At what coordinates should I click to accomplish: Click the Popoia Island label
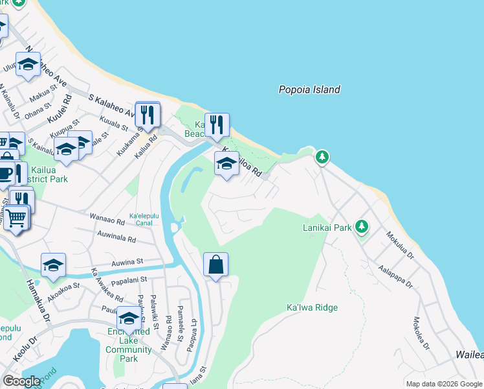pyautogui.click(x=309, y=90)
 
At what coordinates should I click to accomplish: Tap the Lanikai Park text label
pyautogui.click(x=327, y=228)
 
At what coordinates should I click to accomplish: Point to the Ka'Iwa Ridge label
pyautogui.click(x=312, y=307)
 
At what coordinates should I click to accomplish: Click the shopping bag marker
pyautogui.click(x=216, y=265)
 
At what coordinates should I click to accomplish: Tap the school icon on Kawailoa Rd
pyautogui.click(x=226, y=165)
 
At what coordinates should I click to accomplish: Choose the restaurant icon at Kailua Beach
pyautogui.click(x=217, y=124)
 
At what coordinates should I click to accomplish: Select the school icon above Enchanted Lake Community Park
pyautogui.click(x=129, y=318)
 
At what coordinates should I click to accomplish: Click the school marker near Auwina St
pyautogui.click(x=53, y=265)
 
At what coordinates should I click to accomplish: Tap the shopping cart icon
pyautogui.click(x=17, y=219)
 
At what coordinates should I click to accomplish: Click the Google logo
pyautogui.click(x=21, y=381)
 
